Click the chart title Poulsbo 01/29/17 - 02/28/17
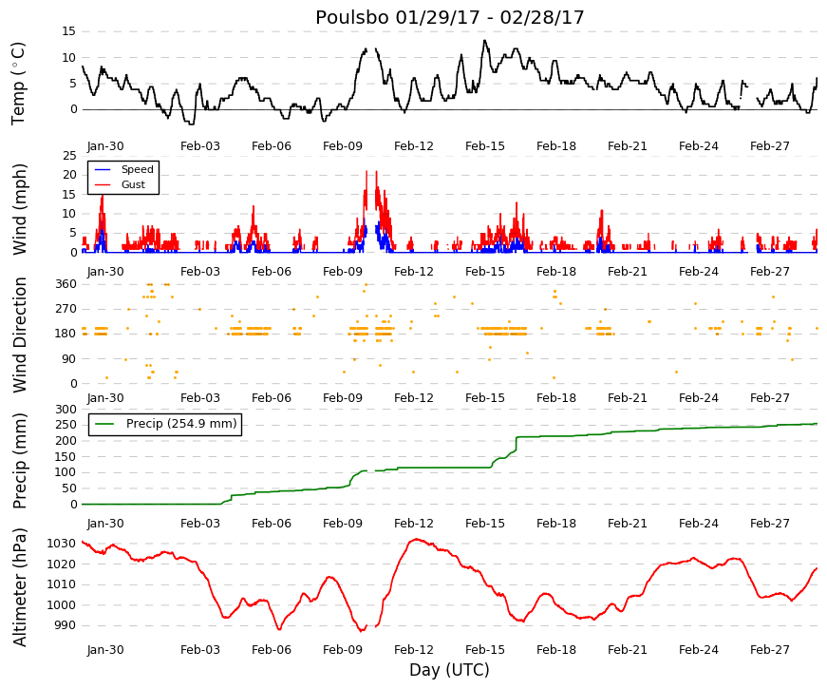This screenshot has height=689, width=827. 450,17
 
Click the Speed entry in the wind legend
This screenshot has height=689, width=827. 137,169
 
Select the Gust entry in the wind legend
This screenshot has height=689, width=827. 133,184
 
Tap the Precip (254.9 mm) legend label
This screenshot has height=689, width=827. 181,424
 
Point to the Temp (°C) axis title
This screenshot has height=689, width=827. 18,84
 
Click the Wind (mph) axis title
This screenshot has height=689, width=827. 19,209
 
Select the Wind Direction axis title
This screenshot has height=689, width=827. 19,335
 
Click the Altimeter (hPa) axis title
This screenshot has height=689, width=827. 19,587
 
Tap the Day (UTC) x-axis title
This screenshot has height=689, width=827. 449,670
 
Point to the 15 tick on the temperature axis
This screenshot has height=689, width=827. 69,31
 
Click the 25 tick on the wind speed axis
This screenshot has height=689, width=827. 69,156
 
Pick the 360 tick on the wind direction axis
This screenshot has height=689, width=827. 66,284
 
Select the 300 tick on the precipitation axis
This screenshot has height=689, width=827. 66,410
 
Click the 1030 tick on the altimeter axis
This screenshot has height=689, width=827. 61,544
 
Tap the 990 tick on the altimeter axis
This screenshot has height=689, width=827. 66,625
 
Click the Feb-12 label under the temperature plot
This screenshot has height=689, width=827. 414,146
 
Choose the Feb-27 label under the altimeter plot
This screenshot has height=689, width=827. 769,650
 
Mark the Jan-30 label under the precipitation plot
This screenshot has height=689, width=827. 105,524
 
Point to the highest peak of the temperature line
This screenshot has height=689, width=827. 484,40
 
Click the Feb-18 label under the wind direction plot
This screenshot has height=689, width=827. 555,398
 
